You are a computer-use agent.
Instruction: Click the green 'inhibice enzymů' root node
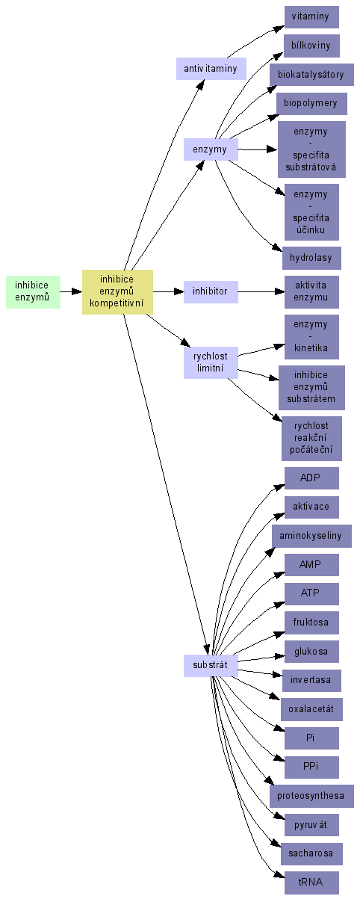(34, 291)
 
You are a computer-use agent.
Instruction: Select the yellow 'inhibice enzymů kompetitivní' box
(117, 291)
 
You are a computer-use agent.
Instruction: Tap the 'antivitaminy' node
(211, 69)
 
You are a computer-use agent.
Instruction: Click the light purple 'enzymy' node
(211, 149)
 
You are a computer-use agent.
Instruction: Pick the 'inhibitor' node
(211, 291)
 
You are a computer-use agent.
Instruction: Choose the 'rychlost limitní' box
(211, 362)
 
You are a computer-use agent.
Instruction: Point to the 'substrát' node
(211, 665)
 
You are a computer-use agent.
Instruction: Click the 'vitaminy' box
(312, 17)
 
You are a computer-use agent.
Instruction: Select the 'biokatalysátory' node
(312, 75)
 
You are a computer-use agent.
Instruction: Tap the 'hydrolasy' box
(312, 258)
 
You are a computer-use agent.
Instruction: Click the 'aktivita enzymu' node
(312, 291)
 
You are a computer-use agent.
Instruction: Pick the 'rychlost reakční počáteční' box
(312, 438)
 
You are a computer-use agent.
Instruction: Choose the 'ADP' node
(312, 478)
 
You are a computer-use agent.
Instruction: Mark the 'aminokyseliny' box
(312, 536)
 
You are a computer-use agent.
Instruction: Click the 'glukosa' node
(312, 652)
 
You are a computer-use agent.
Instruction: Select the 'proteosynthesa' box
(312, 796)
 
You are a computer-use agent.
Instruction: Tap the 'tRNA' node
(312, 883)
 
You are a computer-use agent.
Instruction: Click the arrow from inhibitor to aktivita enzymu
(261, 291)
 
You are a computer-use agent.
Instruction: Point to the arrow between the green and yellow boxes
(72, 291)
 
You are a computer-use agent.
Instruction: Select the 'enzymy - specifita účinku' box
(312, 212)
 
